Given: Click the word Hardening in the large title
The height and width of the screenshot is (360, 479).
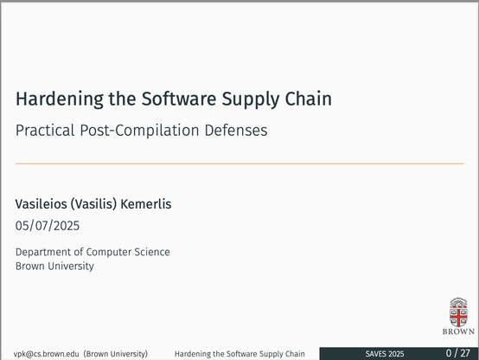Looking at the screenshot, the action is point(60,100).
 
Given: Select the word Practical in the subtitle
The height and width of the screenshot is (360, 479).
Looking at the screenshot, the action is point(45,130).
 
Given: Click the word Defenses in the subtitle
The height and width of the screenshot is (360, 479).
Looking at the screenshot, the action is point(236,130).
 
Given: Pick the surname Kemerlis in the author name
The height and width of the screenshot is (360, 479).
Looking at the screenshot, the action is point(146,204).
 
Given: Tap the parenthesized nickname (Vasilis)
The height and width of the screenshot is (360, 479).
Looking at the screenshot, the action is point(93,204).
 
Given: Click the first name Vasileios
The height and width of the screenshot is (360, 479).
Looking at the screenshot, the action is point(41,204).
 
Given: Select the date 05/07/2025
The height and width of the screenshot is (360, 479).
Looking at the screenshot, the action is point(48,226).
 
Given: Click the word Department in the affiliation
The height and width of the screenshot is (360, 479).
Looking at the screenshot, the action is point(42,253).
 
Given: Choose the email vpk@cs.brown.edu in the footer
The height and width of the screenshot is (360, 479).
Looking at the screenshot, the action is point(46,354).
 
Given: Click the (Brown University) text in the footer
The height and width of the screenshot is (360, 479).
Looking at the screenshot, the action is point(116,354).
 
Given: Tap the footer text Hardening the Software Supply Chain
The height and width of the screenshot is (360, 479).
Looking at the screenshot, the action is point(239,354).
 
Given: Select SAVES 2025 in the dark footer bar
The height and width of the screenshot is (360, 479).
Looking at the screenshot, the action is point(385,354).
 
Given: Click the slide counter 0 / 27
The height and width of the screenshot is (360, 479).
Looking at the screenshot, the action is point(457,353).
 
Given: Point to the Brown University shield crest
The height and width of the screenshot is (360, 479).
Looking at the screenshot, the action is point(458,312).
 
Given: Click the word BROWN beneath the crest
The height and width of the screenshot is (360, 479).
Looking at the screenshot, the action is point(458,331).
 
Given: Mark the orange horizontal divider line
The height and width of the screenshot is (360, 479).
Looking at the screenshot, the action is point(239,164).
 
